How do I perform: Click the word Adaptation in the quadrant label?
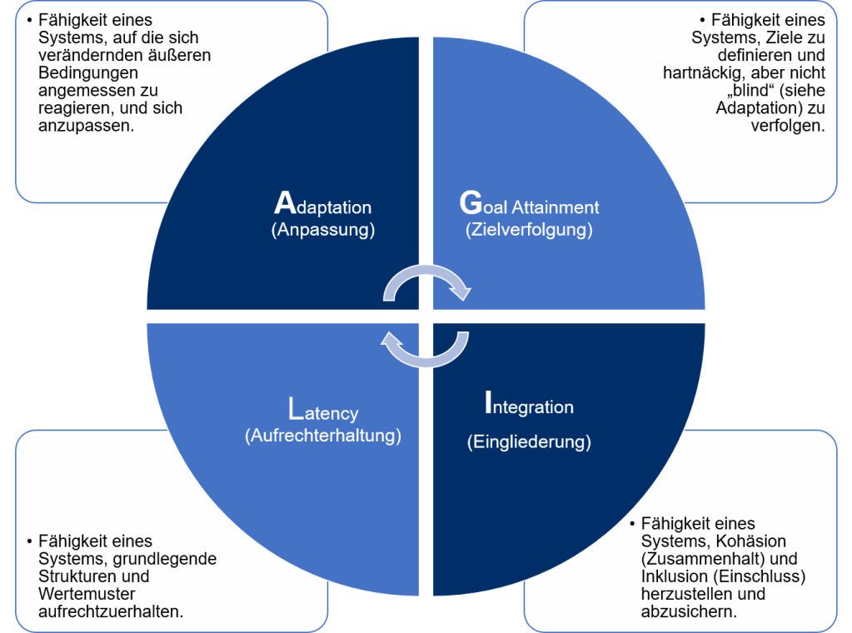(x=323, y=205)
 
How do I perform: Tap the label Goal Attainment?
(x=529, y=205)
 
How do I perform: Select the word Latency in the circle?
(x=323, y=411)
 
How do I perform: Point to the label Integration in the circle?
(x=529, y=406)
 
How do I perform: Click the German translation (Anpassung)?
(x=323, y=230)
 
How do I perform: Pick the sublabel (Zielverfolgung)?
(x=529, y=230)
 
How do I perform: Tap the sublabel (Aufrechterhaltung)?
(x=323, y=436)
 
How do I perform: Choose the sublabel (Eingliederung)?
(x=529, y=441)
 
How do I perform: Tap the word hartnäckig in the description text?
(x=691, y=73)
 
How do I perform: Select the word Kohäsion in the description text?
(x=749, y=541)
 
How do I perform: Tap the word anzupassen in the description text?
(x=82, y=127)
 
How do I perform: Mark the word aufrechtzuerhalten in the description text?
(x=111, y=611)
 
